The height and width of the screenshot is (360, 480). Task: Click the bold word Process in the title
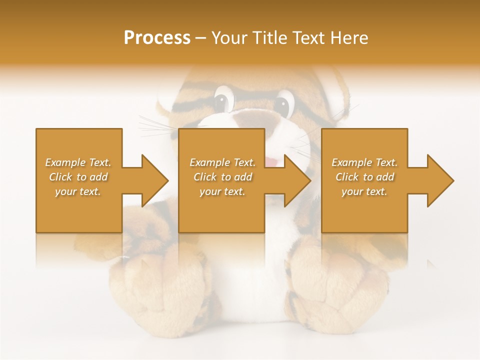[x=157, y=38]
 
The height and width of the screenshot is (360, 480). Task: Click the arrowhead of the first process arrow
[x=155, y=180]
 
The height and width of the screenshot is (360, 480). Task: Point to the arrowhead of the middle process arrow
[x=297, y=180]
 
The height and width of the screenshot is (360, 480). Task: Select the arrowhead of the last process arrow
[x=440, y=180]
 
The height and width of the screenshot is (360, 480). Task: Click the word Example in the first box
[x=65, y=162]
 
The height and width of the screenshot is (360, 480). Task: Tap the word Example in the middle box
[x=209, y=162]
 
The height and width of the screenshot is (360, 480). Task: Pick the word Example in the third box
[x=351, y=162]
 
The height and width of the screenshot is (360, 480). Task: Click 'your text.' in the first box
[x=78, y=191]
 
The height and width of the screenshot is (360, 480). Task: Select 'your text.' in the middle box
[x=222, y=191]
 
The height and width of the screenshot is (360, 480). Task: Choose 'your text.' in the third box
[x=364, y=191]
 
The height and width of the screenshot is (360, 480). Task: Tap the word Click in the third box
[x=347, y=177]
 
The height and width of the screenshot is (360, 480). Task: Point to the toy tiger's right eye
[x=282, y=105]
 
